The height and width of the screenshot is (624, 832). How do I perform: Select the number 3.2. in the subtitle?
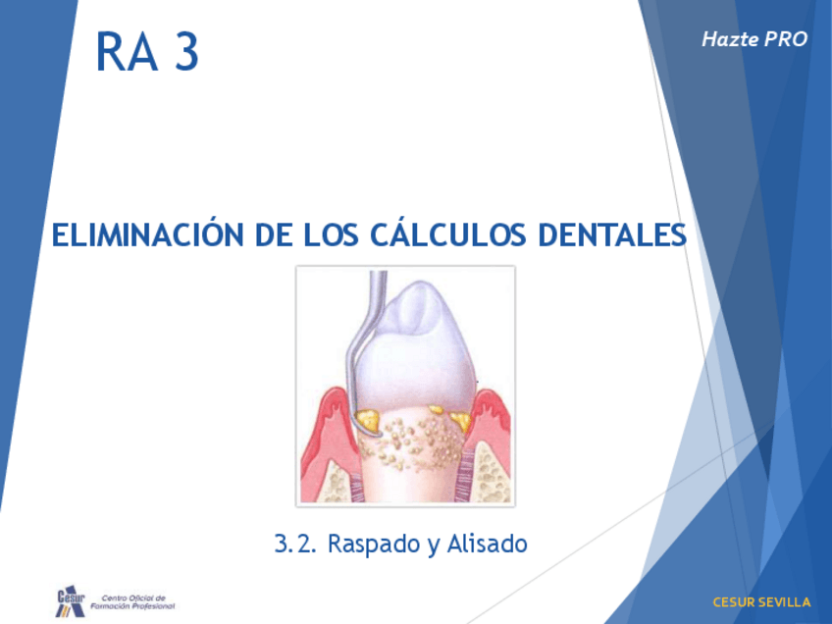[295, 543]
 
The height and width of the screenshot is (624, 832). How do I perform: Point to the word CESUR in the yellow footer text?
[731, 601]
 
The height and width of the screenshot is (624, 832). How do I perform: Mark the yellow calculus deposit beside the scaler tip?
[369, 421]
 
